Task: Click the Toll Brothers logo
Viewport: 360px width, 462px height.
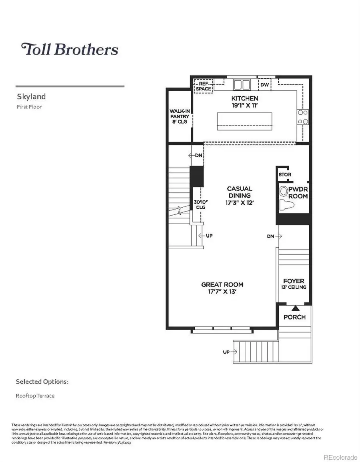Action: [x=70, y=49]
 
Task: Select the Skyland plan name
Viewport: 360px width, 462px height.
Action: [x=31, y=96]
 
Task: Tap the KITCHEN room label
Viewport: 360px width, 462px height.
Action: [x=244, y=98]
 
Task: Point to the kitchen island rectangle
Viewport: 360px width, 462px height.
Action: [x=244, y=121]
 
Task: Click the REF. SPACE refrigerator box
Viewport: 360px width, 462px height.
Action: [x=203, y=86]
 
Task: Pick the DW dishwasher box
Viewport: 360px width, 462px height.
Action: [x=264, y=85]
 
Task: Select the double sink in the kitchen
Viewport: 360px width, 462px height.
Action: [x=242, y=84]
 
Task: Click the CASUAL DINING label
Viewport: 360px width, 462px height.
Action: [x=240, y=192]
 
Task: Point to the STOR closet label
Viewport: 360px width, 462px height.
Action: [x=285, y=175]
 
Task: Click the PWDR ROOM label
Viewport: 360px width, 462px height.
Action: [x=298, y=193]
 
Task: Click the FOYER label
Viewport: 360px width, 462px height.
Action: [x=294, y=281]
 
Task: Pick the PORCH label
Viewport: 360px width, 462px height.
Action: [x=294, y=317]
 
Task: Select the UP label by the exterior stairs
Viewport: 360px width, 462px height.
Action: [x=227, y=352]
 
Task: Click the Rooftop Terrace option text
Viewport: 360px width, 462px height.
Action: [x=35, y=396]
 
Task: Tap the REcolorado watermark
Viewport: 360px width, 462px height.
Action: [x=340, y=457]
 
